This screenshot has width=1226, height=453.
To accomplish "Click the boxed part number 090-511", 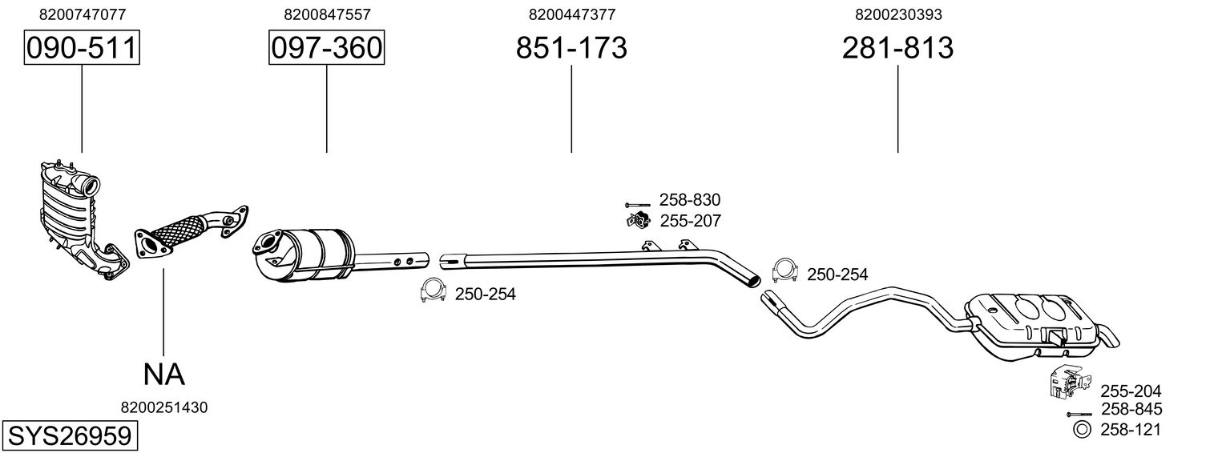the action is pos(82,47).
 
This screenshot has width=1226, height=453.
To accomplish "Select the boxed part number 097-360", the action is pos(327,47).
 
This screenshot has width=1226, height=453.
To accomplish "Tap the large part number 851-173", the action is pos(571,48).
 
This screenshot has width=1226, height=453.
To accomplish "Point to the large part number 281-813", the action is pos(897,48).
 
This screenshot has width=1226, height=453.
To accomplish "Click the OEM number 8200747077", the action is pos(82,14).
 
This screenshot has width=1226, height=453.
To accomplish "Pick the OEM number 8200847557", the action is pos(327,14).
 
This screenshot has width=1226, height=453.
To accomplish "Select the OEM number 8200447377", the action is pos(572,14).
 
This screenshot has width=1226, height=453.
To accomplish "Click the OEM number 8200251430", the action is pos(164,407).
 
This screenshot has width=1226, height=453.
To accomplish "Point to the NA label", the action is pos(163,375).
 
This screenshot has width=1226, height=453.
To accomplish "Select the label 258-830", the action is pos(690,200).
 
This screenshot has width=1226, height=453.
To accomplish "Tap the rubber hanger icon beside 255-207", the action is pos(637,221).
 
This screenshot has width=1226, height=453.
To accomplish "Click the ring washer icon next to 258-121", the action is pos(1081,430).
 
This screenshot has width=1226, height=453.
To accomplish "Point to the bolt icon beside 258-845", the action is pos(1079,414).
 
